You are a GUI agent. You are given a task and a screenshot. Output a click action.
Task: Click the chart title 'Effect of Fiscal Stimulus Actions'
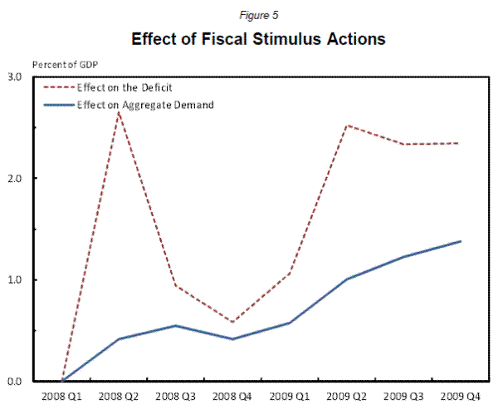[252, 39]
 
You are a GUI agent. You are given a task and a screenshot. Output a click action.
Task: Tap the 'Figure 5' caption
[251, 13]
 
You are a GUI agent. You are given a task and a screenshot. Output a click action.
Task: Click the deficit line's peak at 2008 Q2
[120, 111]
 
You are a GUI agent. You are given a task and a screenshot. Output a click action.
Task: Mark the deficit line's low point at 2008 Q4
[232, 322]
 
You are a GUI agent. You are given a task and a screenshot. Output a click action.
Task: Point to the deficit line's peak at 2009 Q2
[346, 126]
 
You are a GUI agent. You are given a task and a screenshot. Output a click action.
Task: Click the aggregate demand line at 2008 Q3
[176, 325]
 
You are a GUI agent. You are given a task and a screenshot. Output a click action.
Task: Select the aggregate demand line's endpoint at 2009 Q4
[460, 241]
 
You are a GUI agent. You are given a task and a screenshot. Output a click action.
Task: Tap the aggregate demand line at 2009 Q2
[346, 279]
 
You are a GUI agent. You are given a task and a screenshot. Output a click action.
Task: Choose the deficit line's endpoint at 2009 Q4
[460, 143]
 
